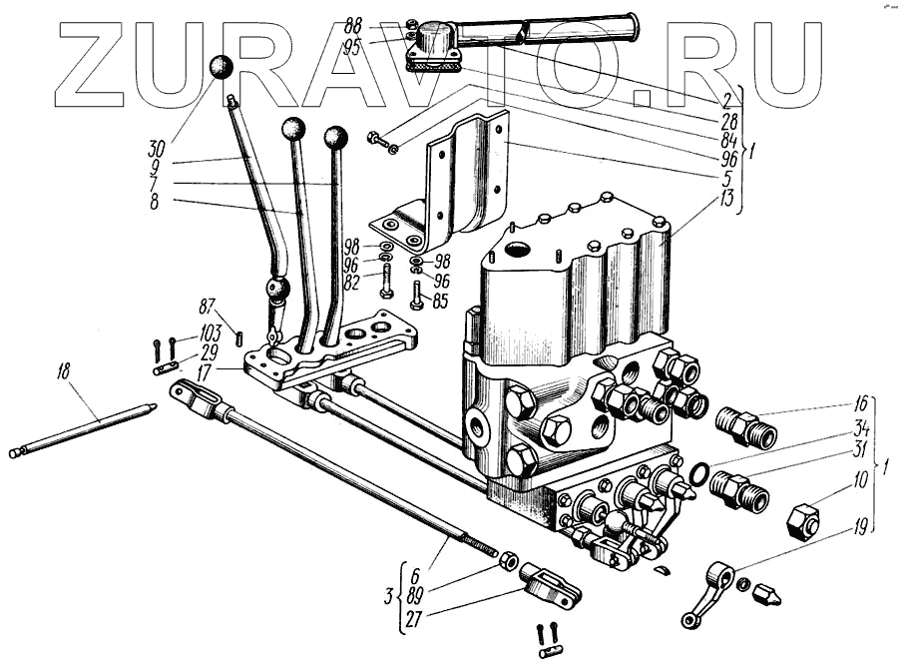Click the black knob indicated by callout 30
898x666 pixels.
point(221,69)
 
